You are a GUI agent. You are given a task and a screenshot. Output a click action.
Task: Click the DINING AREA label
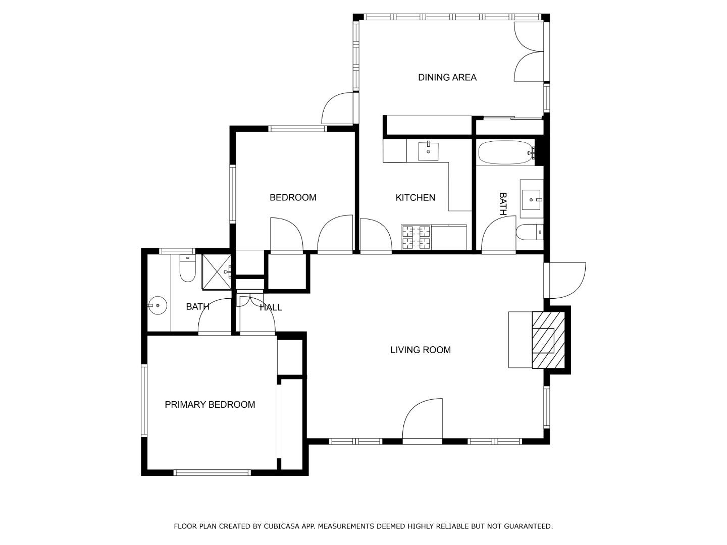[x=447, y=77]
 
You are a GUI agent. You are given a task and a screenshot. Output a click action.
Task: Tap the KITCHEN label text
[x=415, y=197]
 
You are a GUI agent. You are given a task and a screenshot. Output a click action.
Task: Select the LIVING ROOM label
[x=420, y=350]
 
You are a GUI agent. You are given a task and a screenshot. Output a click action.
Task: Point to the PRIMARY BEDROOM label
[x=210, y=404]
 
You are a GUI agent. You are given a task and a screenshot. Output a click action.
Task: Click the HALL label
[x=271, y=307]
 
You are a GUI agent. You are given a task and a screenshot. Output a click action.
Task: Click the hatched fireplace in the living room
[x=548, y=340]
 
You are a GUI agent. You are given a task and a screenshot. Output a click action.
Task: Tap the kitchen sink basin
[x=428, y=151]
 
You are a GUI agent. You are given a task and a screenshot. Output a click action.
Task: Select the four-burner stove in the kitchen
[x=416, y=237]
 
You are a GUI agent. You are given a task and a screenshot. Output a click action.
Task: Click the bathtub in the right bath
[x=505, y=152]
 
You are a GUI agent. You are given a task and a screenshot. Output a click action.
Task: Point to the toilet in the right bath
[x=529, y=232]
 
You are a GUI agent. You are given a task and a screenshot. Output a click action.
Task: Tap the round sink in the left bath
[x=158, y=305]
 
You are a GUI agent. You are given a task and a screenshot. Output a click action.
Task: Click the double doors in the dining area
[x=528, y=51]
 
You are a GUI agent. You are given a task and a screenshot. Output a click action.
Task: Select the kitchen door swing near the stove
[x=376, y=235]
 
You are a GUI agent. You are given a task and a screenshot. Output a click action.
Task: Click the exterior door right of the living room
[x=566, y=280]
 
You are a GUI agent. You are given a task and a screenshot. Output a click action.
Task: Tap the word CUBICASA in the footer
[x=282, y=526]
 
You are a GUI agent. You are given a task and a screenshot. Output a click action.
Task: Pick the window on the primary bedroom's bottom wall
[x=212, y=473]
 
